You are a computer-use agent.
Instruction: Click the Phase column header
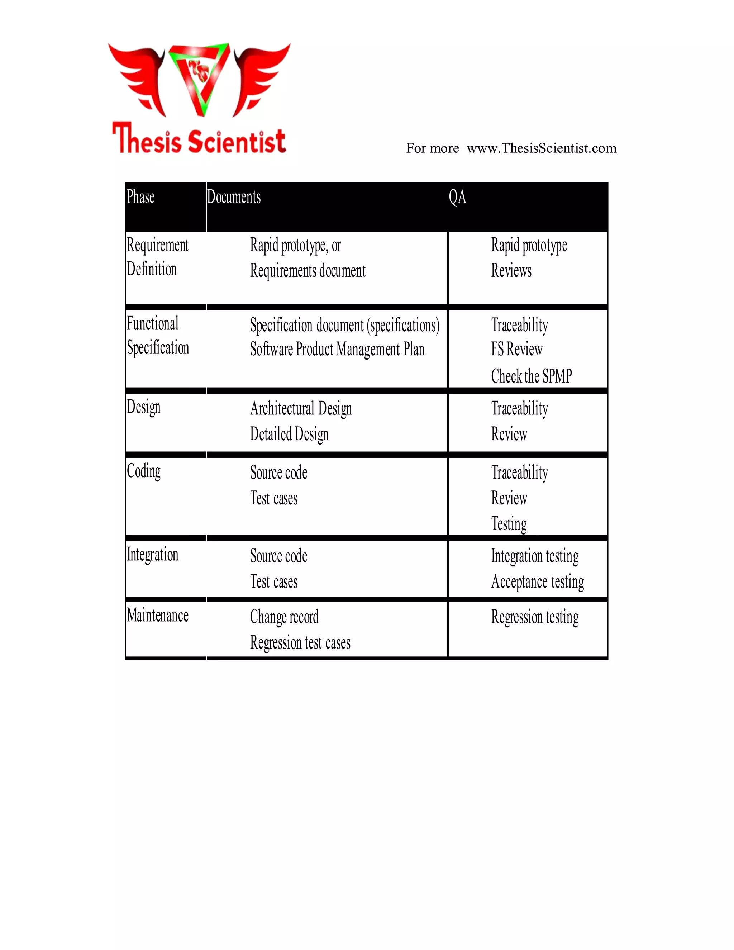pos(140,197)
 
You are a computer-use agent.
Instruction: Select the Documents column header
pos(234,197)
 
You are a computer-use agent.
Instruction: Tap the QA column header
pos(457,197)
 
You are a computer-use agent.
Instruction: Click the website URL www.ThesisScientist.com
pos(542,148)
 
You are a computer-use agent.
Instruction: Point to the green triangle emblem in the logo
pos(200,77)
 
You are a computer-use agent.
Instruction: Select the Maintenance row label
pos(157,616)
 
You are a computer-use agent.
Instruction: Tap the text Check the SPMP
pos(531,376)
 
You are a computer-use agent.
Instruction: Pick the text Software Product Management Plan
pos(337,349)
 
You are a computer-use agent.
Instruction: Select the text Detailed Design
pos(289,434)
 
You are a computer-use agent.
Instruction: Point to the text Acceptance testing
pos(538,582)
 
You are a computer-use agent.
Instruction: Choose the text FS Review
pos(516,349)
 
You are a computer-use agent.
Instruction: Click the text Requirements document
pos(308,271)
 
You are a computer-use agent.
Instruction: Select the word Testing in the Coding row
pos(509,524)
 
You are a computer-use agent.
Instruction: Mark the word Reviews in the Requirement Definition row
pos(511,271)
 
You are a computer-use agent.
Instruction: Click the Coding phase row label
pos(143,471)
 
